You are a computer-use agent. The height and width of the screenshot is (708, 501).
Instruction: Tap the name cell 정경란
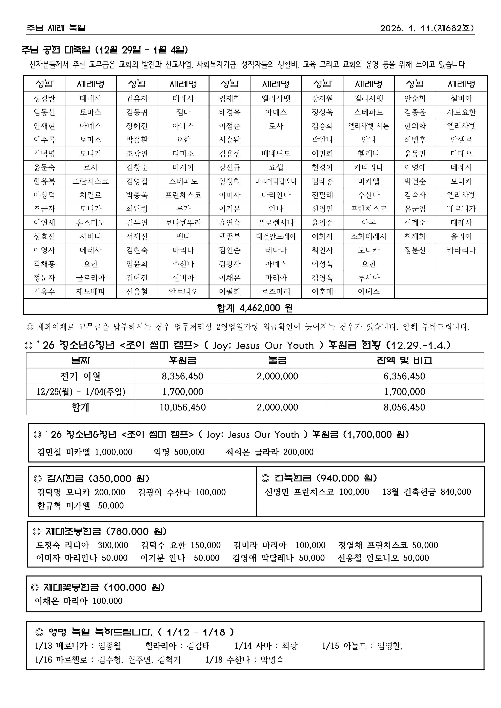pyautogui.click(x=44, y=99)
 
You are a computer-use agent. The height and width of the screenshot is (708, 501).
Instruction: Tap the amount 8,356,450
pyautogui.click(x=182, y=376)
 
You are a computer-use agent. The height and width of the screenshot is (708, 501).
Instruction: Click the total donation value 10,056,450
pyautogui.click(x=182, y=407)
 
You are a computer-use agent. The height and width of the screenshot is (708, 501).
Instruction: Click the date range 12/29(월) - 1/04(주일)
pyautogui.click(x=81, y=392)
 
